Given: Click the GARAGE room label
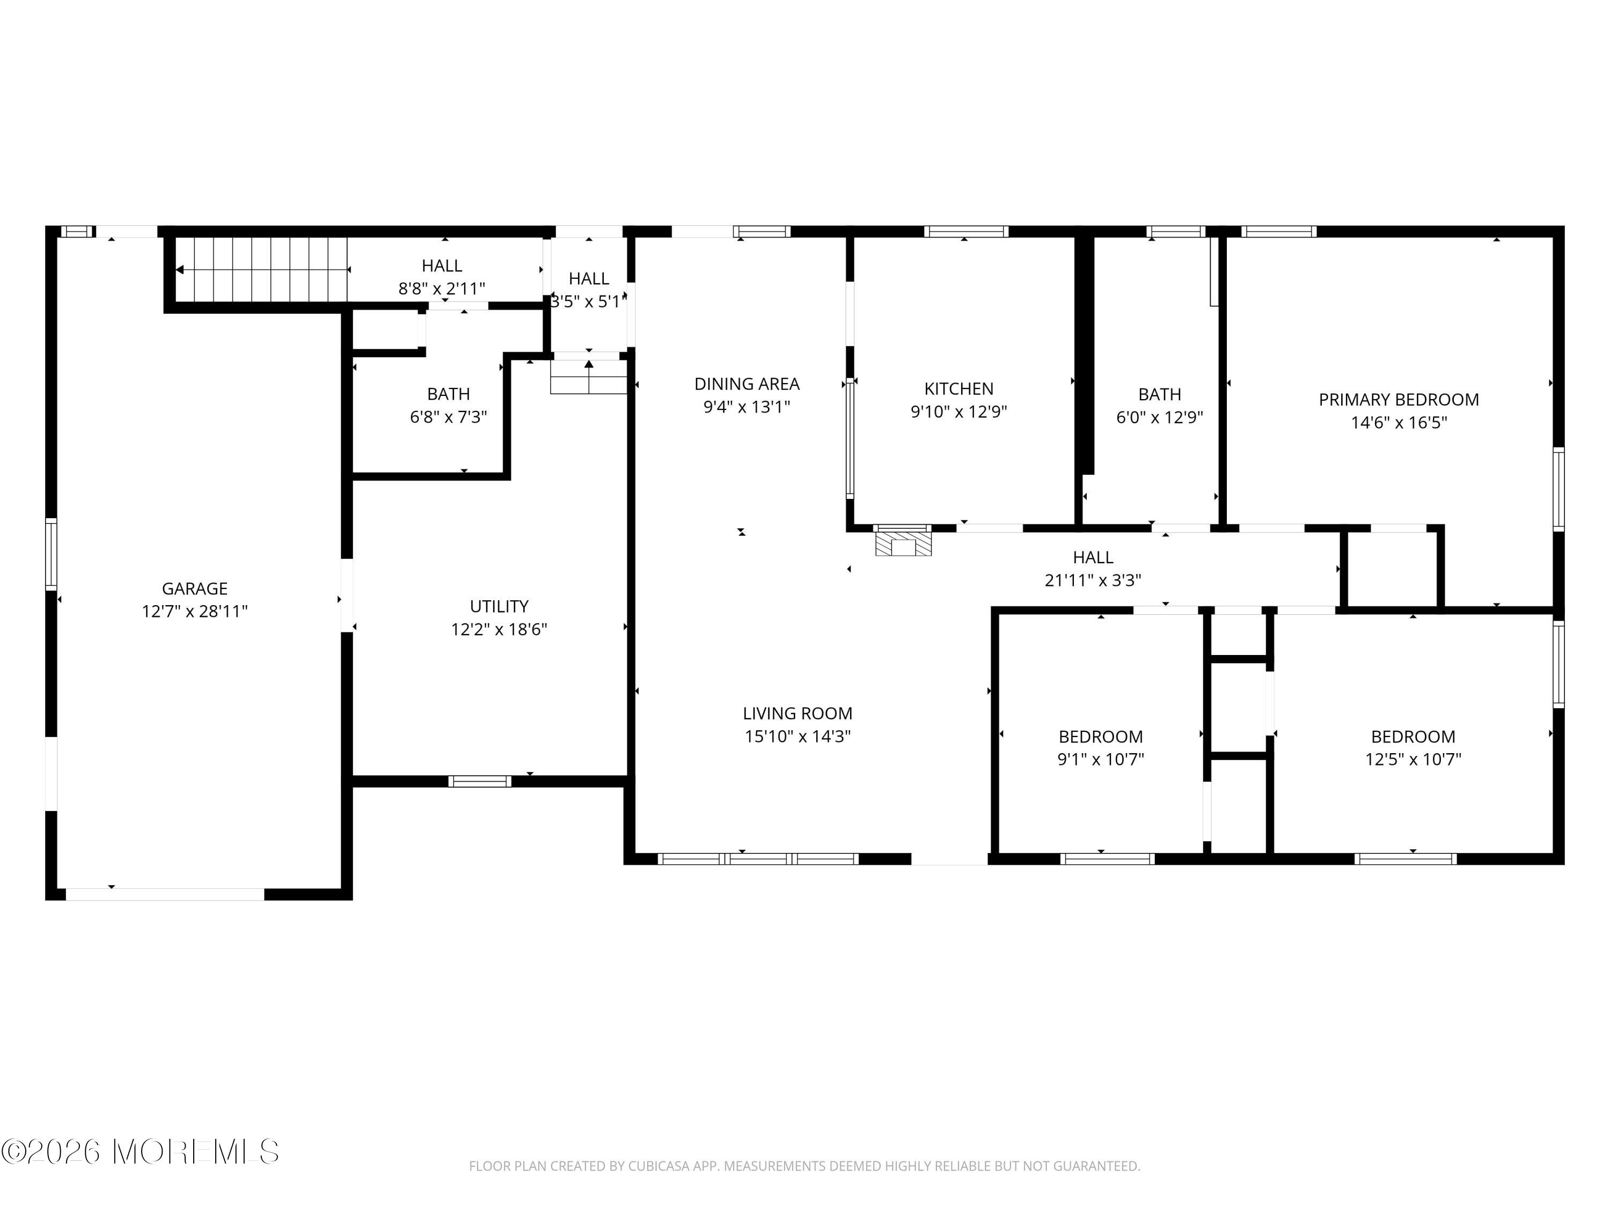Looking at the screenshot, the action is pos(194,588).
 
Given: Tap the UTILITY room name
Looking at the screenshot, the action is pos(499,606).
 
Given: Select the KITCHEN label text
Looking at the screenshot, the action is pos(958,388).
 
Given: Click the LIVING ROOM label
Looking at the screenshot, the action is pos(797,713).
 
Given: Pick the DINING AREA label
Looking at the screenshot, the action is pos(747,384).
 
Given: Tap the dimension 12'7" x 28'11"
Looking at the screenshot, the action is pos(194,611).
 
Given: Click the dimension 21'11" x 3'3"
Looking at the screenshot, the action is pos(1093,580).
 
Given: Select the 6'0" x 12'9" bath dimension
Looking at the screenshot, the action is pos(1159,417).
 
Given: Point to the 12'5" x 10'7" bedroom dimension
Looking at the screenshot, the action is pos(1413,759).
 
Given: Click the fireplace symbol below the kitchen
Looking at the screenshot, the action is pos(903,545).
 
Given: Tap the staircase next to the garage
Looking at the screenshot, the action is pos(262,269).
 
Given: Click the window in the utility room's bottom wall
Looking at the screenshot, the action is pos(480,782).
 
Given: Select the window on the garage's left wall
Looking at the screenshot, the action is pos(51,554).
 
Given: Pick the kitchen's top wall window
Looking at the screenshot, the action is pos(966,231).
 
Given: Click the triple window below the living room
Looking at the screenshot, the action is pos(758,858).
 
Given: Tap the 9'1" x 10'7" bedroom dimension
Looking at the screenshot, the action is pos(1101,759).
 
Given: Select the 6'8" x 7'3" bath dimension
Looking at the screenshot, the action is pos(448,417).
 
